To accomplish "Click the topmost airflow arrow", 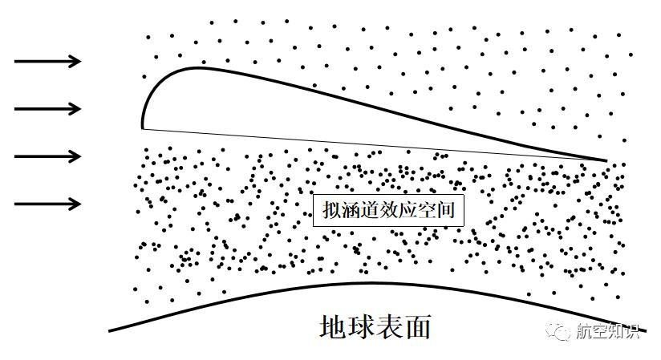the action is pyautogui.click(x=47, y=61).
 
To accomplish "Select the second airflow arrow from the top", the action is pyautogui.click(x=47, y=109).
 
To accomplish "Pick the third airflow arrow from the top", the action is pyautogui.click(x=47, y=156).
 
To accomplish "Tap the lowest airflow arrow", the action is pyautogui.click(x=47, y=204).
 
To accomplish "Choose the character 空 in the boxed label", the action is pyautogui.click(x=427, y=210).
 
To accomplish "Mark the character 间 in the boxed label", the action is pyautogui.click(x=445, y=210).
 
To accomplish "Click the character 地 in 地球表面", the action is pyautogui.click(x=334, y=326).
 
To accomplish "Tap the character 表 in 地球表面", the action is pyautogui.click(x=390, y=326).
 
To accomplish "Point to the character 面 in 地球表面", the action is pyautogui.click(x=417, y=326).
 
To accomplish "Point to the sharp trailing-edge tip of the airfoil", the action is pyautogui.click(x=606, y=160).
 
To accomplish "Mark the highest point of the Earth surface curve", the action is pyautogui.click(x=371, y=283).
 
